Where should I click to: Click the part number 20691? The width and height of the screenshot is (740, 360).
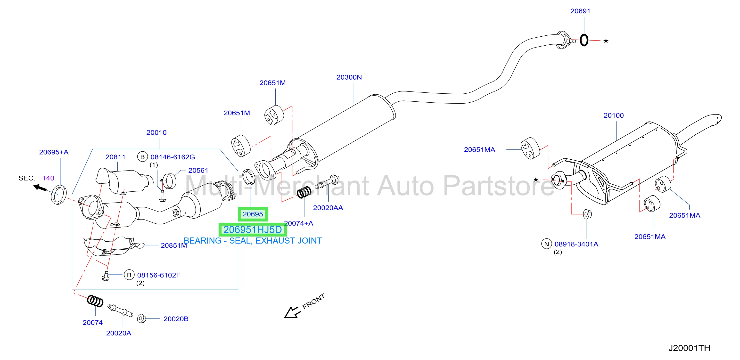tap(580, 11)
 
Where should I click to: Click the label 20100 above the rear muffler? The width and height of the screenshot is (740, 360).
tap(613, 115)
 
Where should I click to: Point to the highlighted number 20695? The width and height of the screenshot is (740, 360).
tap(253, 214)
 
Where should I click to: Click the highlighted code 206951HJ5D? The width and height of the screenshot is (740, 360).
tap(253, 229)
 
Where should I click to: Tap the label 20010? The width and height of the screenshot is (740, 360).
tap(156, 133)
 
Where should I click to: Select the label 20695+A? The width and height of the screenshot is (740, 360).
tap(54, 152)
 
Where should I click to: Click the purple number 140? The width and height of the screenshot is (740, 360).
tap(48, 178)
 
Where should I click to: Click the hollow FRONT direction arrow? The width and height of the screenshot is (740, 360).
tap(292, 312)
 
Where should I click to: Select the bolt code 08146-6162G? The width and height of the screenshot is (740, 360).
tap(173, 157)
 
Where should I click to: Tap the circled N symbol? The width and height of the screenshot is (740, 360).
tap(546, 244)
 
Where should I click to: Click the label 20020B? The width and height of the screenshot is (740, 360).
tap(176, 319)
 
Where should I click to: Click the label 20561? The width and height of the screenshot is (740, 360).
tap(198, 171)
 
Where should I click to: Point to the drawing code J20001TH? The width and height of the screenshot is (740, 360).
tap(689, 348)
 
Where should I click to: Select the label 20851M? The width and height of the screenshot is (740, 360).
tap(173, 245)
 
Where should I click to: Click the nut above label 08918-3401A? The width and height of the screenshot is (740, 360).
tap(587, 214)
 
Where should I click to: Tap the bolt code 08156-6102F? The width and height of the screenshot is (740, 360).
tap(159, 275)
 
